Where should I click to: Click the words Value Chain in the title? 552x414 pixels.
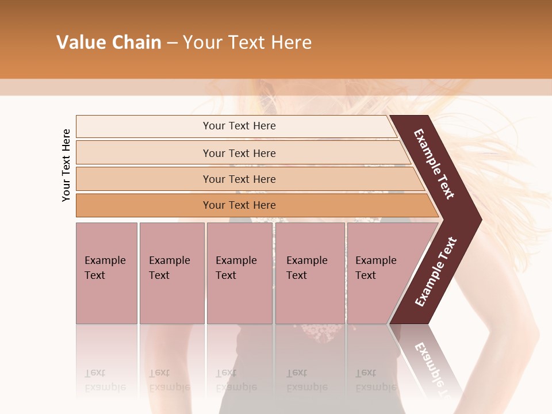point(109,43)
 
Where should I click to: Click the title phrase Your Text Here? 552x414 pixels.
point(247,43)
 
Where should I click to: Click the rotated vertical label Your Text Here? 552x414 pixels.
point(66,165)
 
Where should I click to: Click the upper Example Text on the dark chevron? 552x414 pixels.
point(434,164)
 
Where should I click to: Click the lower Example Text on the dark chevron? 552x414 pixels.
point(436,271)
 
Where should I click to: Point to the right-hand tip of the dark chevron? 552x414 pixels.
point(480,220)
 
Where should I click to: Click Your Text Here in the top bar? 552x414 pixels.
point(239,126)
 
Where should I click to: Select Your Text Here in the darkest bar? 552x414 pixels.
point(239,205)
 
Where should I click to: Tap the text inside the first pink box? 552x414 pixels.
point(105,268)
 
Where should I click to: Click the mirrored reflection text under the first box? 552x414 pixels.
point(105,380)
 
